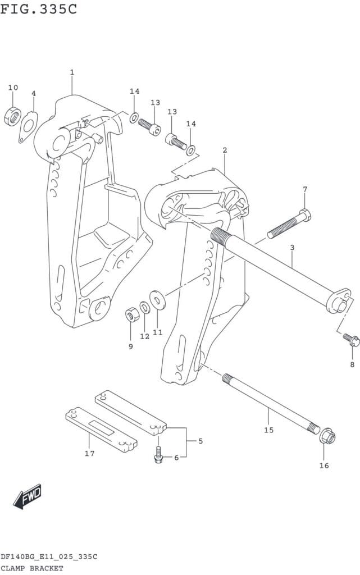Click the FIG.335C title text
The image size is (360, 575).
coord(39,10)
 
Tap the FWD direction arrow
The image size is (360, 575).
coord(28,496)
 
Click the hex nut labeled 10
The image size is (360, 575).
coord(13,116)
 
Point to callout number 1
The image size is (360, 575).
coord(72,72)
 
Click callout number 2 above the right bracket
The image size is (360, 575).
coord(225,150)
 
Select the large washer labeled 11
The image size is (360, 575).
coord(158,299)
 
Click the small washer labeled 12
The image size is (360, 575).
coord(144,307)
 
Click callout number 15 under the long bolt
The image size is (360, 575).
coord(268,430)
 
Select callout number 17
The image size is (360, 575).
coord(90,453)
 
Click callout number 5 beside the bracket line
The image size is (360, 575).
coord(200,441)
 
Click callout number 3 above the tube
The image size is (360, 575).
coord(292,247)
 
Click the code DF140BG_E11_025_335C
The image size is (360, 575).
coord(49,556)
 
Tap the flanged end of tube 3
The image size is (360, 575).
coord(339,302)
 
